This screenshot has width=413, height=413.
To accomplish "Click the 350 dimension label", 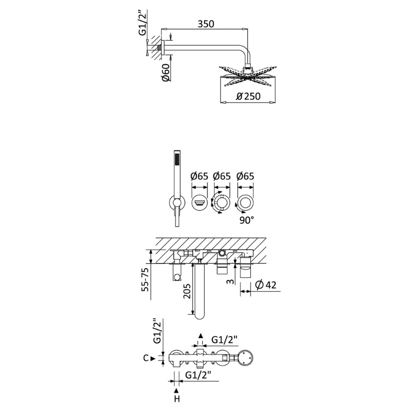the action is coord(206,24).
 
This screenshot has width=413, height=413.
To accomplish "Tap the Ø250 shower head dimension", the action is coord(248,96).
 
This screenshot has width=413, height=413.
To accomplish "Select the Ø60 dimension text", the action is coord(166,72).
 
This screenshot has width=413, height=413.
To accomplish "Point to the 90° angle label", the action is coord(247,220).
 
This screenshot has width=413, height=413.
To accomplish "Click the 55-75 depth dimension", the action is coord(145,279).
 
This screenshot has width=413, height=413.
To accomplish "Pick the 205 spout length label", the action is coord(187,291).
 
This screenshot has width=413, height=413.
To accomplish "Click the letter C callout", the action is coord(146,358).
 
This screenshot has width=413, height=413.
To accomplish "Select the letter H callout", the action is coord(177,399).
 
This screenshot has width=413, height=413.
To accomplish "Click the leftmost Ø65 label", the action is coord(199,176).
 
